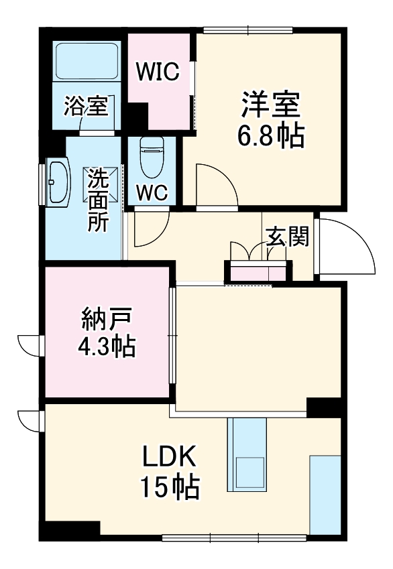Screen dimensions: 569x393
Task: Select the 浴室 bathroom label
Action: click(86, 105)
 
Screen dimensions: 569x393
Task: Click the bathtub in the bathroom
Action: click(87, 63)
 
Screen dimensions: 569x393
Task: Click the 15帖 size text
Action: click(169, 487)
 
